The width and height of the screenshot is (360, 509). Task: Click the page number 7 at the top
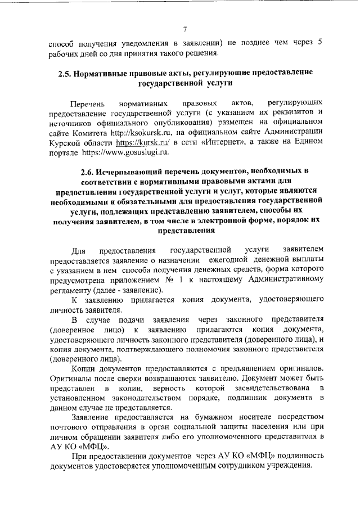coord(184,29)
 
